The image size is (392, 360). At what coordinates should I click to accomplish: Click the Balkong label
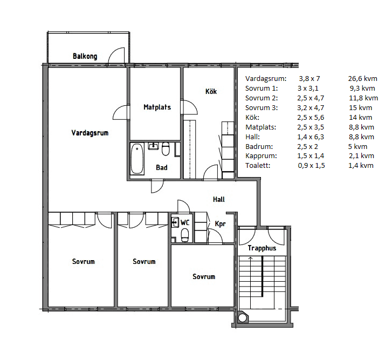coord(85,56)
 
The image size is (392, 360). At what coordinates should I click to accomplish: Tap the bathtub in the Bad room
coord(137,159)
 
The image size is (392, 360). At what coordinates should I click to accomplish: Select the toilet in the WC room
coord(185,236)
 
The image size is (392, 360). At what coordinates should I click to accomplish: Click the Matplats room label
coord(157,107)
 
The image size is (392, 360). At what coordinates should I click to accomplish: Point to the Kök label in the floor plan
coord(211,91)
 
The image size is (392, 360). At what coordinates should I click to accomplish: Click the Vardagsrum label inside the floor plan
coord(90,133)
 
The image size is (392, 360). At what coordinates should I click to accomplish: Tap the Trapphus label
coord(262,248)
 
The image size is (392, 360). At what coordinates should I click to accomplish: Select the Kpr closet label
coord(220,223)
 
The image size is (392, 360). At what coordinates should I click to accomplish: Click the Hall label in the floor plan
coord(219,199)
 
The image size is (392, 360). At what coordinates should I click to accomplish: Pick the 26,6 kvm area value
coord(362,79)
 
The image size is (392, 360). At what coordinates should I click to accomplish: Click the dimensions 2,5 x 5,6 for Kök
coord(311,117)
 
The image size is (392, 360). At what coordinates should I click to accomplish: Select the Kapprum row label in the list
coord(261,156)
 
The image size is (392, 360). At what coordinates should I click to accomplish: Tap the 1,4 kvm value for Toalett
coord(361,165)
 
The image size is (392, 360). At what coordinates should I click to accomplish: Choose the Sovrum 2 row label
coord(262,98)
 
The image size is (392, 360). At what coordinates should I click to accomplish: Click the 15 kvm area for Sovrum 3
coord(361,108)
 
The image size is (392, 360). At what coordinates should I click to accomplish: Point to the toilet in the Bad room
coord(166,149)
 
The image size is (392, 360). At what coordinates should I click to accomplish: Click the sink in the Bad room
coord(153,146)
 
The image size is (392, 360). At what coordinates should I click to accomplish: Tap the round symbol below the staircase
coord(242,318)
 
